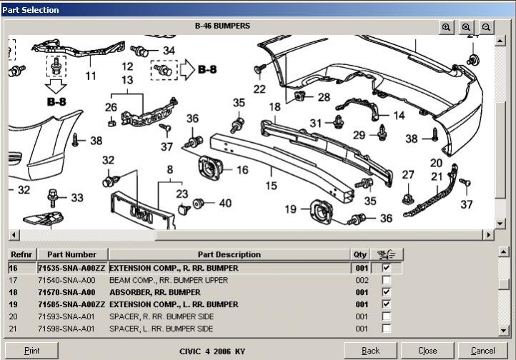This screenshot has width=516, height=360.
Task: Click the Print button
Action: (31, 351)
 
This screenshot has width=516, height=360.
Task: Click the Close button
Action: (427, 351)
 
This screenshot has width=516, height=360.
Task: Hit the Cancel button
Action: (482, 351)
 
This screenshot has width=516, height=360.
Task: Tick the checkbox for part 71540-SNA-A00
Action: (387, 280)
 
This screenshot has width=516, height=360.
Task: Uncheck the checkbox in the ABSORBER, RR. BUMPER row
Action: (387, 292)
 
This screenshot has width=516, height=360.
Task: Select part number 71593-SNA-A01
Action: (66, 316)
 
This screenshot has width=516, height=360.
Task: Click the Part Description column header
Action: (229, 254)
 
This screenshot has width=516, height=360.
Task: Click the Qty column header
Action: (360, 254)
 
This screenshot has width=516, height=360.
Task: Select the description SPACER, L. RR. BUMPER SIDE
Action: (161, 329)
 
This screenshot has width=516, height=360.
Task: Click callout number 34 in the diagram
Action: (169, 51)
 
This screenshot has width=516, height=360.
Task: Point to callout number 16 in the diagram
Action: (243, 170)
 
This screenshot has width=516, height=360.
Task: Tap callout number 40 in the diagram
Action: (225, 204)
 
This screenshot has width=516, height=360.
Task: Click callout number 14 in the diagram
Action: (399, 115)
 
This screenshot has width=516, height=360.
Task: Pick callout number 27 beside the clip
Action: (408, 175)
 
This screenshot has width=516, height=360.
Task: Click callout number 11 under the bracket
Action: (91, 75)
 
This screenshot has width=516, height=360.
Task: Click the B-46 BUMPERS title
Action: (222, 26)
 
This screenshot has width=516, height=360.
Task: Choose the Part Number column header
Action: (71, 254)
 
